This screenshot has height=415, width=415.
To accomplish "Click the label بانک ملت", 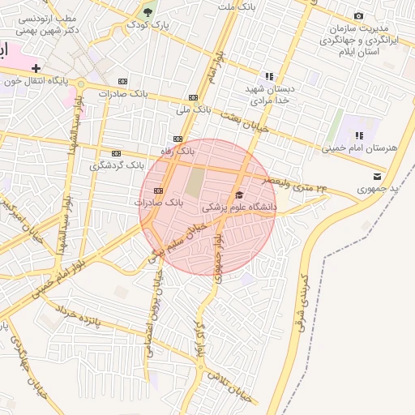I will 237,6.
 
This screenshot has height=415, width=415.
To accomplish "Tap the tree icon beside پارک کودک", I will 148,11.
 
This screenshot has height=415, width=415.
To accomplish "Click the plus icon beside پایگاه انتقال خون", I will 36,68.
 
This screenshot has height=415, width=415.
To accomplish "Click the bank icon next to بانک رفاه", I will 178,139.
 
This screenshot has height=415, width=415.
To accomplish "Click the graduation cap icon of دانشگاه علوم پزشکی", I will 239,195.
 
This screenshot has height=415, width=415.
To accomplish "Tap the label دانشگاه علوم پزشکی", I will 239,207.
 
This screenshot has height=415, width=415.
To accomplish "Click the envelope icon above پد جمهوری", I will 376,176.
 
